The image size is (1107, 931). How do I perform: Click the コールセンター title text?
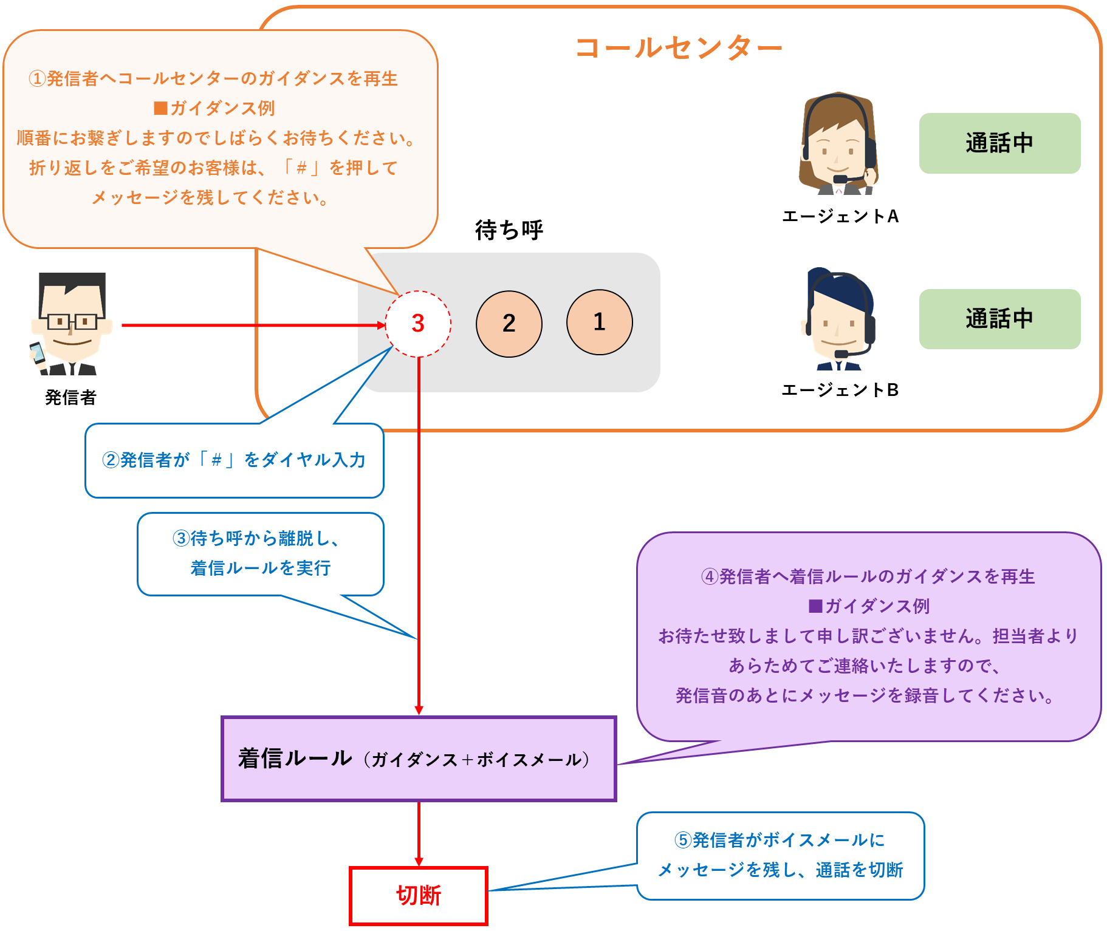(x=678, y=47)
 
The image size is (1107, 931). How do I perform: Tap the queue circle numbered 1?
(x=600, y=322)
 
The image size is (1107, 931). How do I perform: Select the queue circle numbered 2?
(x=509, y=323)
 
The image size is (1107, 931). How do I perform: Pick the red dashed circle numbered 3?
(x=418, y=324)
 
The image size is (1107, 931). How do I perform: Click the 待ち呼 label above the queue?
(x=509, y=230)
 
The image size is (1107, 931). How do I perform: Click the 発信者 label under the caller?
(x=70, y=397)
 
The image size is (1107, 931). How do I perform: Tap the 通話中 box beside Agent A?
(x=999, y=143)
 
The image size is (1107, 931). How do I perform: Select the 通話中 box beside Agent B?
(x=999, y=319)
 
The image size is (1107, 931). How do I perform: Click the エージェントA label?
(x=840, y=216)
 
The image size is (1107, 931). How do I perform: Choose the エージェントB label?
(x=840, y=390)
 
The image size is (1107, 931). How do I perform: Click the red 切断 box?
(x=419, y=896)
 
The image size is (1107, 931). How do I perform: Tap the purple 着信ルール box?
(x=419, y=759)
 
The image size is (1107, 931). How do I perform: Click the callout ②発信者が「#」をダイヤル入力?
(x=234, y=460)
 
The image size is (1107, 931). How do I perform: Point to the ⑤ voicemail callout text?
(x=780, y=855)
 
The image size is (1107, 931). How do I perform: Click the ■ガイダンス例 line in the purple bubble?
(x=869, y=606)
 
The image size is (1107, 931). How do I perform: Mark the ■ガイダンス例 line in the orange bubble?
(x=214, y=108)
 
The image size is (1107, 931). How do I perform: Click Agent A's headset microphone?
(x=841, y=179)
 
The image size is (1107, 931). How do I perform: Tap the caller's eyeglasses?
(x=72, y=321)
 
